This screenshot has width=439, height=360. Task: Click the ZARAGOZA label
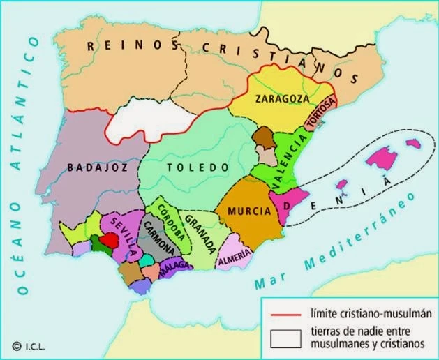pos(282,98)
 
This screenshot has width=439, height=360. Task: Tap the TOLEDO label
pos(198,167)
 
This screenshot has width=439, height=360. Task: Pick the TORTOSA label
pos(322,115)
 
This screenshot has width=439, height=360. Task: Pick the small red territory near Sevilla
pos(107,241)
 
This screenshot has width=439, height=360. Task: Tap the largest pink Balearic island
pos(382,158)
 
